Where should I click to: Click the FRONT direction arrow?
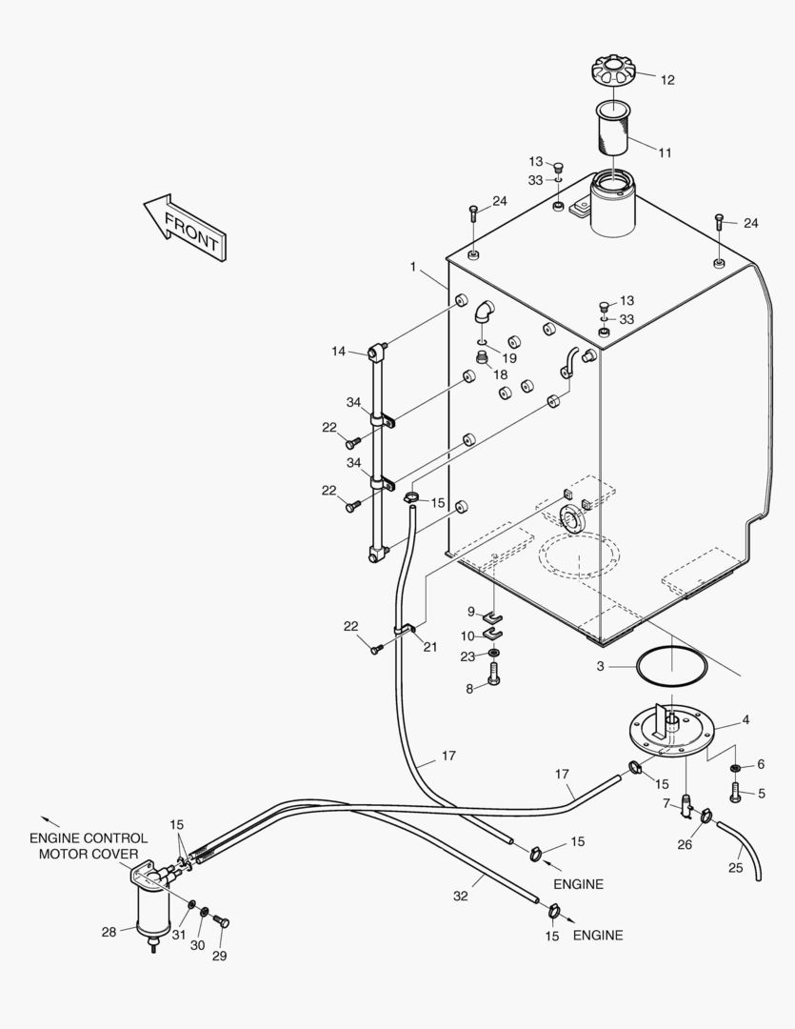pos(185,228)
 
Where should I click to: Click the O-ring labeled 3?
pos(671,666)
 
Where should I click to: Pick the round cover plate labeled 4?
pos(670,729)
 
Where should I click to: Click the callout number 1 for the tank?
pos(413,268)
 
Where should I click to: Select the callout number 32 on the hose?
pos(460,897)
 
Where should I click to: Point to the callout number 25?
pos(736,868)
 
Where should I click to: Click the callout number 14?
pos(339,352)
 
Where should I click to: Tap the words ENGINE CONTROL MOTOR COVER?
pos(89,846)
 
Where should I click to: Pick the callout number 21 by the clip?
pos(430,647)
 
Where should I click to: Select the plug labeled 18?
pos(483,358)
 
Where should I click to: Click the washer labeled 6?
pos(737,767)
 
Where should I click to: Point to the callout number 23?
pos(467,656)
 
